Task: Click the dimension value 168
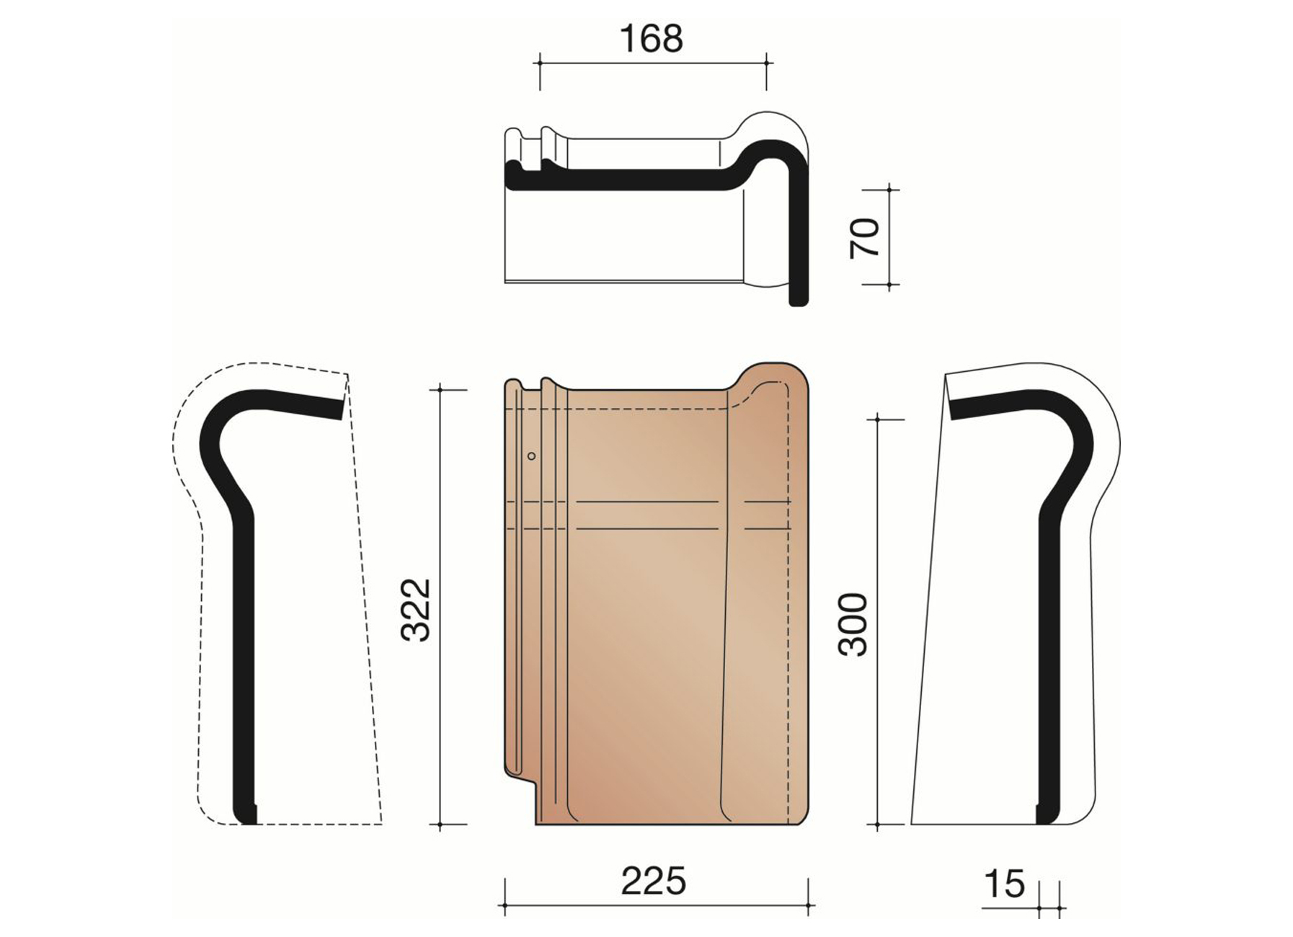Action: click(x=651, y=39)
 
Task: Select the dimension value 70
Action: click(x=866, y=237)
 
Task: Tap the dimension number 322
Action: click(x=416, y=609)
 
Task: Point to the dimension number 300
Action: click(x=854, y=624)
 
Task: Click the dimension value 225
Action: click(x=654, y=882)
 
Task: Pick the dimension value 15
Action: click(x=1004, y=884)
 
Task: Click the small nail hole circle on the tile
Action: click(x=532, y=456)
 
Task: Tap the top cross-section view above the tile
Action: click(x=657, y=209)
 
